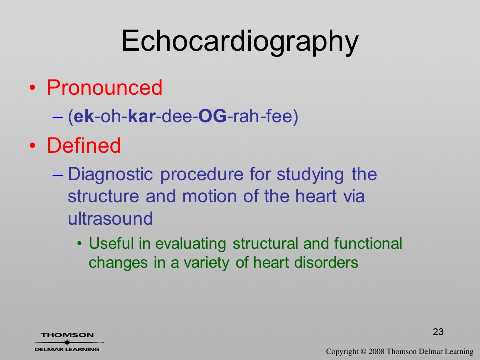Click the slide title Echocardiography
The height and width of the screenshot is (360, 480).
240,42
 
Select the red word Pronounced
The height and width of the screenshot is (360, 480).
104,88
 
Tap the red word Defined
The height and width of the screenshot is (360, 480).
84,145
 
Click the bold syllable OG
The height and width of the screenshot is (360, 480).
213,116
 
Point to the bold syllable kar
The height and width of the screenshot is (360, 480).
142,116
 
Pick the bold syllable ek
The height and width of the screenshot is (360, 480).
84,116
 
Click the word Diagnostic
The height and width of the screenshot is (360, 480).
110,175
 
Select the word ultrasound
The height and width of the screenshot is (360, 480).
110,219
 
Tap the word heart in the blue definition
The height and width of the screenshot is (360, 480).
316,196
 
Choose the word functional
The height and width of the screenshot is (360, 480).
368,244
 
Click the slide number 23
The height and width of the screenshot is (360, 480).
438,332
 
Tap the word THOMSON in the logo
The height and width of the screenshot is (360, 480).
67,335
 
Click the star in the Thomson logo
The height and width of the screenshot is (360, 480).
67,342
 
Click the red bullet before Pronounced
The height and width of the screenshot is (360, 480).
33,88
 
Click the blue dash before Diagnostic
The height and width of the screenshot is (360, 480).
58,175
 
